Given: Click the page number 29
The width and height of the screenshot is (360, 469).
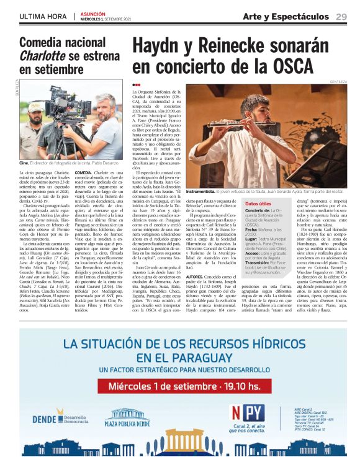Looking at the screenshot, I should click(341, 16).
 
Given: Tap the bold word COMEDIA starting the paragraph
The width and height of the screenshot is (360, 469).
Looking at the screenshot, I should click(84, 172).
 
